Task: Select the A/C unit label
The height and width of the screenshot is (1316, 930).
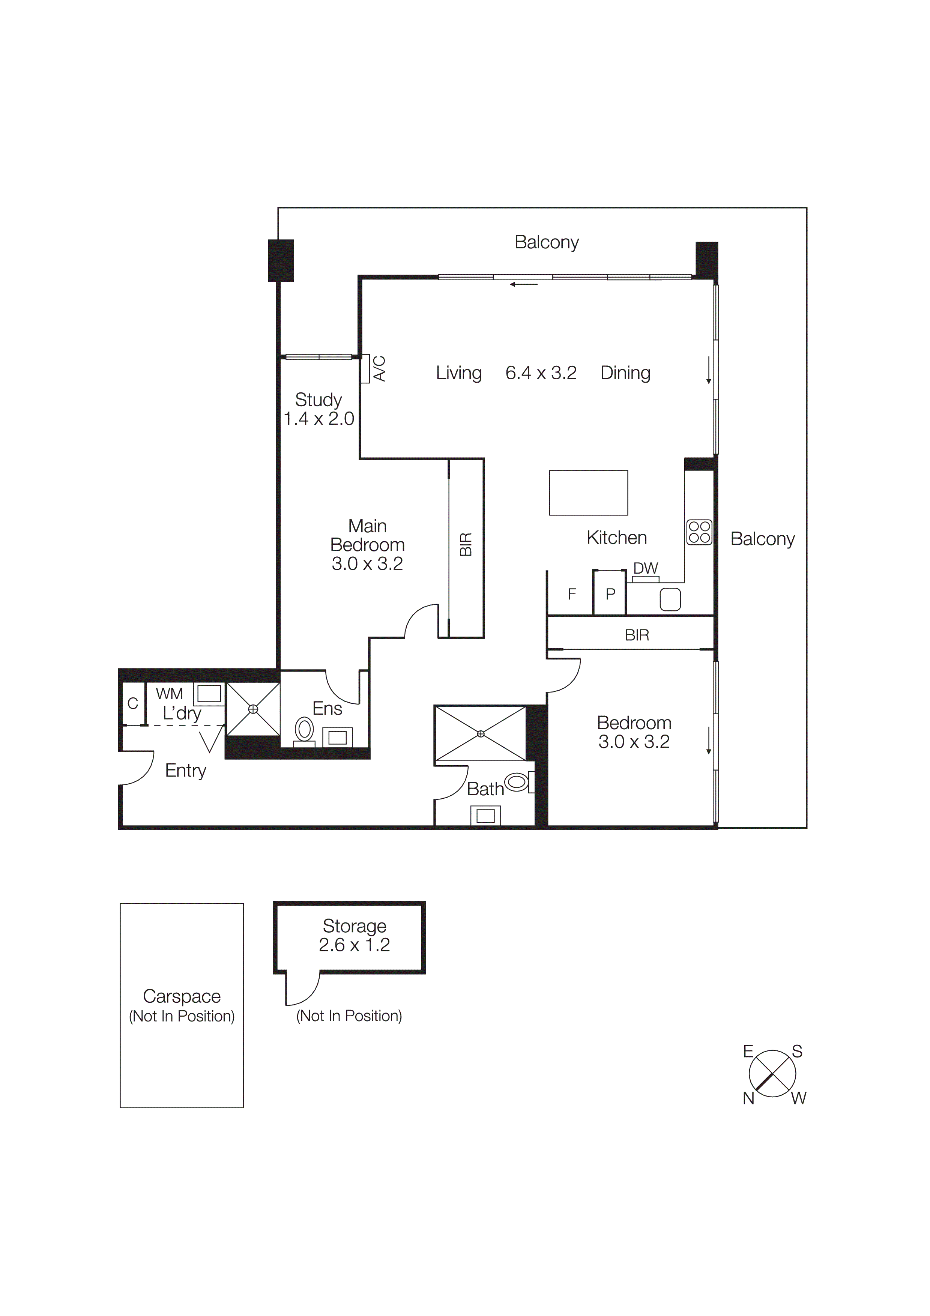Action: (x=379, y=368)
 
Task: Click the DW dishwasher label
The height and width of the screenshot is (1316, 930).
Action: (x=646, y=568)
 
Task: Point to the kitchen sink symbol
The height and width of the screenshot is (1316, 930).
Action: (x=670, y=599)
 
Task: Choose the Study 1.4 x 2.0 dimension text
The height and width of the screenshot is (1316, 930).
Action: (x=319, y=419)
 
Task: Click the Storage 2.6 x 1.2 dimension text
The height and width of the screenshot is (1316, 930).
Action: (x=354, y=945)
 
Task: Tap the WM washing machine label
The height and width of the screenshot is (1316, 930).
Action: (x=169, y=694)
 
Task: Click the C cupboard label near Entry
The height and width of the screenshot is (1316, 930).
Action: (x=133, y=703)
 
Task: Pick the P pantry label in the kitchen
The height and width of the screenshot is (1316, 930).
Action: (x=610, y=594)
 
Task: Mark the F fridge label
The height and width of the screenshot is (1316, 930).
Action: (x=572, y=594)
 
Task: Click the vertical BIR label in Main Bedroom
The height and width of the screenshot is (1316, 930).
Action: (x=466, y=544)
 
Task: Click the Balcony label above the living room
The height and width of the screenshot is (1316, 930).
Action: (x=546, y=242)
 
